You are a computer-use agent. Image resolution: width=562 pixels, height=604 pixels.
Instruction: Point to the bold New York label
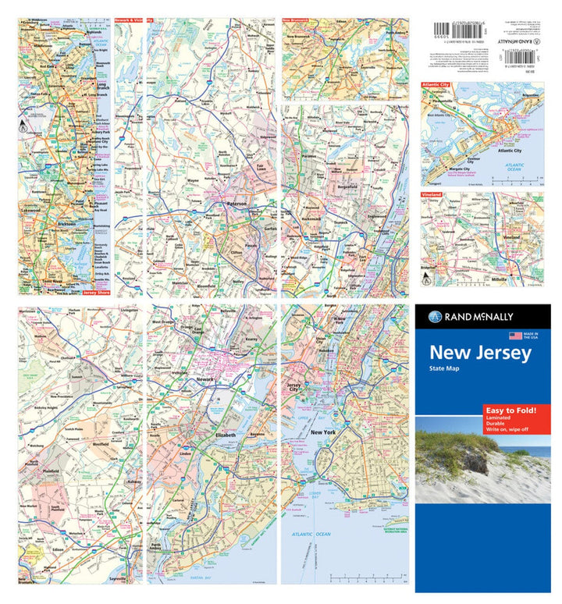point(322,432)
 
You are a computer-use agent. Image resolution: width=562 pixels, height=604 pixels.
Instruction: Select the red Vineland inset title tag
point(431,194)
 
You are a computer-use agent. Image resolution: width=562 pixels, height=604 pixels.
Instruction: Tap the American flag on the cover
point(514,336)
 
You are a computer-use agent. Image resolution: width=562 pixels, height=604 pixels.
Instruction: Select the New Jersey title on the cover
point(481,353)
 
